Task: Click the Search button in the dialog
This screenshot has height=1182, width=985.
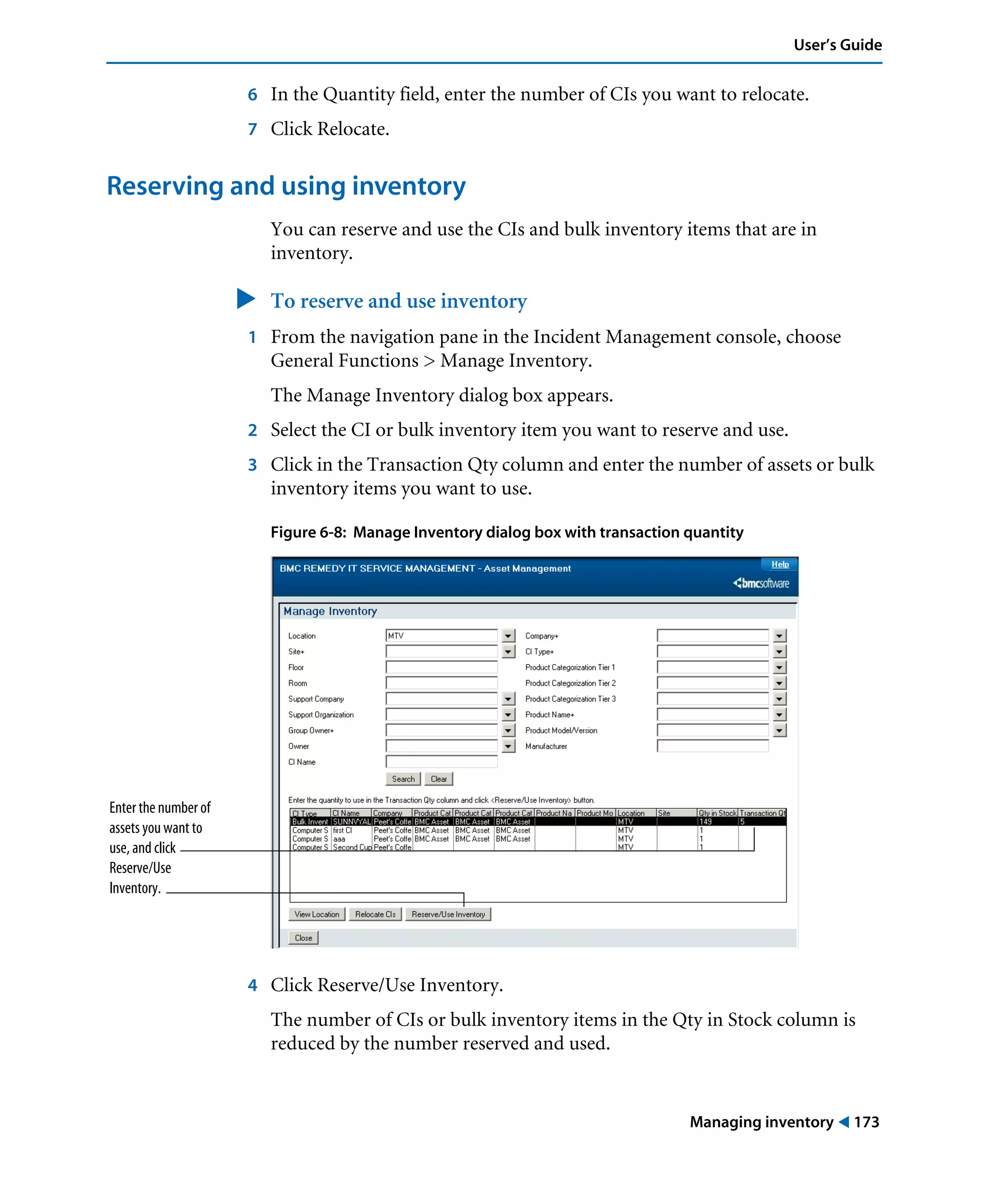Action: [403, 779]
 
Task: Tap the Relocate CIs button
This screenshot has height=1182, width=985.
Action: [375, 914]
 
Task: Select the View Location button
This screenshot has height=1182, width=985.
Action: [316, 914]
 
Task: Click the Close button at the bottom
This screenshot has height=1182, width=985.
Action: [303, 938]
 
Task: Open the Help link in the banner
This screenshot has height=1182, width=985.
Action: [780, 564]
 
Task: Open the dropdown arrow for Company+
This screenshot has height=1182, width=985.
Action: [779, 635]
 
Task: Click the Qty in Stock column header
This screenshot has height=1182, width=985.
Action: [717, 813]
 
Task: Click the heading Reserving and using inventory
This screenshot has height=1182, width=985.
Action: [286, 186]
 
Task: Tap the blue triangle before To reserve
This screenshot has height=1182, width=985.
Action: [245, 299]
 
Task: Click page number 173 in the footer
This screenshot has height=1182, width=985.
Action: [866, 1122]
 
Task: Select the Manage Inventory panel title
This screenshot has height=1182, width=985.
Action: [330, 611]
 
